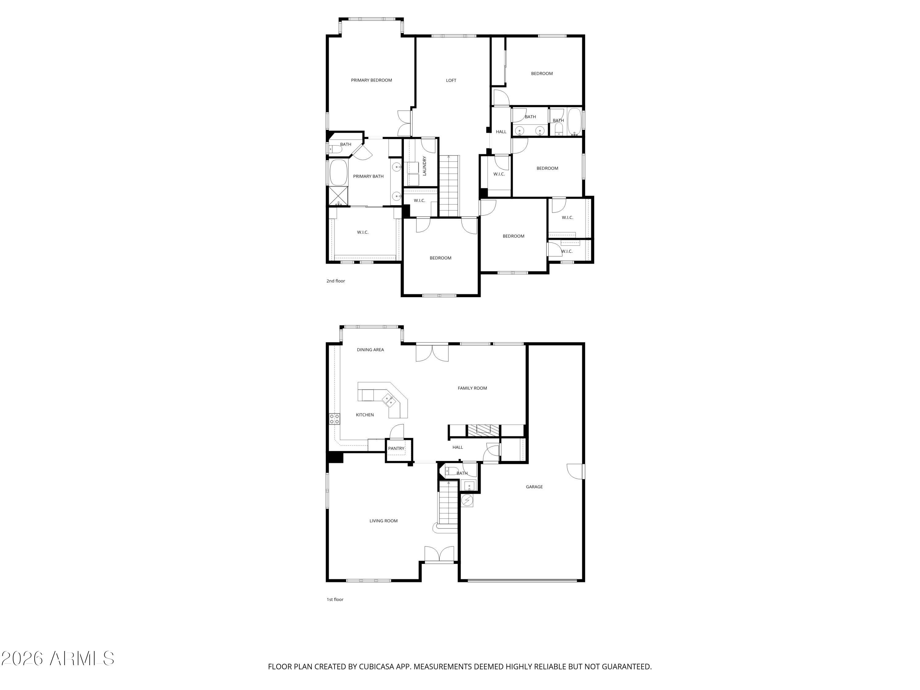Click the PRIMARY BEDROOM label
click(371, 80)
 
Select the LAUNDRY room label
click(425, 166)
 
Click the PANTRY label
click(396, 448)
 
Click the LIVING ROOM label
click(383, 521)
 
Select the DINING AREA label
click(370, 350)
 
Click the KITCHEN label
click(365, 415)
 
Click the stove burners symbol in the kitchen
click(334, 419)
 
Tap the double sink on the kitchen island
click(389, 400)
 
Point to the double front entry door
click(439, 554)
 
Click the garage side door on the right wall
click(576, 471)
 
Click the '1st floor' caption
click(335, 599)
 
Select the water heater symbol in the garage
click(467, 500)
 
